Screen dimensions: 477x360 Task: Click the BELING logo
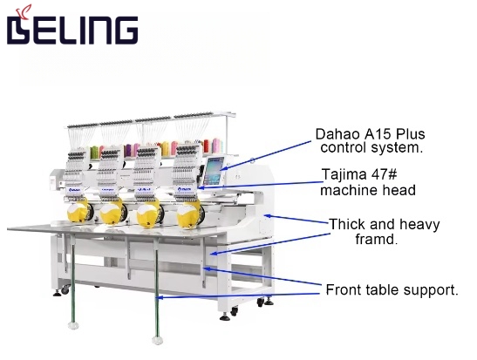click(72, 26)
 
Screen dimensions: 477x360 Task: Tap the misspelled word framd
click(377, 239)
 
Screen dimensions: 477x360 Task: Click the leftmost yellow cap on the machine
click(77, 212)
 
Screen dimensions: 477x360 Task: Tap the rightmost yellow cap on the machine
click(187, 216)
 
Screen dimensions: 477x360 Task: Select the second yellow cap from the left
click(111, 214)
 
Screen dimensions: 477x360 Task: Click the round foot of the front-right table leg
click(157, 341)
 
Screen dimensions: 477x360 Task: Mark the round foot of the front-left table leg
click(73, 326)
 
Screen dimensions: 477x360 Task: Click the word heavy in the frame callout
click(419, 225)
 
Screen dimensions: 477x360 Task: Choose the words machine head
click(368, 190)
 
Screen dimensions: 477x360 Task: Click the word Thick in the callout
click(347, 224)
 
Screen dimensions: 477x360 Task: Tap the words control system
click(371, 148)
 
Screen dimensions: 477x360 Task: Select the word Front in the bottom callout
click(344, 289)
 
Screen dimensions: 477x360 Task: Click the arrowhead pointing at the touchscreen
click(223, 168)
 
